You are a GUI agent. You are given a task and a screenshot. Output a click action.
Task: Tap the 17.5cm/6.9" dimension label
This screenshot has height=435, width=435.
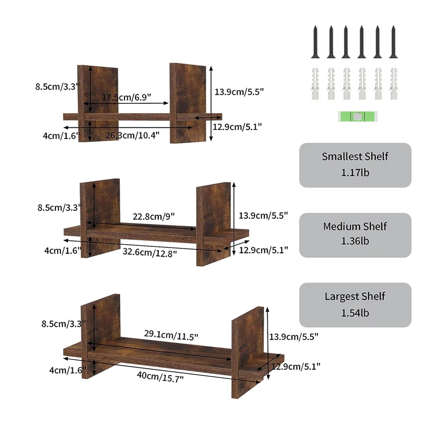point(126,97)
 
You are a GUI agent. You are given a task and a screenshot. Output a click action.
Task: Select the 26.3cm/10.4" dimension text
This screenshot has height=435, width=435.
point(133,135)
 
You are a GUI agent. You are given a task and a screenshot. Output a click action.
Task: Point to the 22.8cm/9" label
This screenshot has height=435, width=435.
point(153,216)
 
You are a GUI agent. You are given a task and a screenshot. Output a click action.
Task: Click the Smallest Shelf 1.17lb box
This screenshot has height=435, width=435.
point(355,165)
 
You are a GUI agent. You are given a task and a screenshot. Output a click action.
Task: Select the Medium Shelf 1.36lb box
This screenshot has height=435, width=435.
point(355,235)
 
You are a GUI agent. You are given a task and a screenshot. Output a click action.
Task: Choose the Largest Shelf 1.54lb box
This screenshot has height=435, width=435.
point(355,304)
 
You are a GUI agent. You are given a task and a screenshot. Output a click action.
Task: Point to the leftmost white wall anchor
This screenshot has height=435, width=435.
point(314,84)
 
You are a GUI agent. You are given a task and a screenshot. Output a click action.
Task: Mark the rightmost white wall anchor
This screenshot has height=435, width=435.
point(393,84)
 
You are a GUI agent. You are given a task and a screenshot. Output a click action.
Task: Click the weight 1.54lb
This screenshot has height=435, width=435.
point(355,313)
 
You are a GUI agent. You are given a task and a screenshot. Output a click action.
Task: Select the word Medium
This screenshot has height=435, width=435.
point(341,227)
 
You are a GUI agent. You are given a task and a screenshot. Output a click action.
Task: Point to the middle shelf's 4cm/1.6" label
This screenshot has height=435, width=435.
point(64,250)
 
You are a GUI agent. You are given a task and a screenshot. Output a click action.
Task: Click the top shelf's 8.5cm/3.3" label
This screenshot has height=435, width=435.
point(57,86)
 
